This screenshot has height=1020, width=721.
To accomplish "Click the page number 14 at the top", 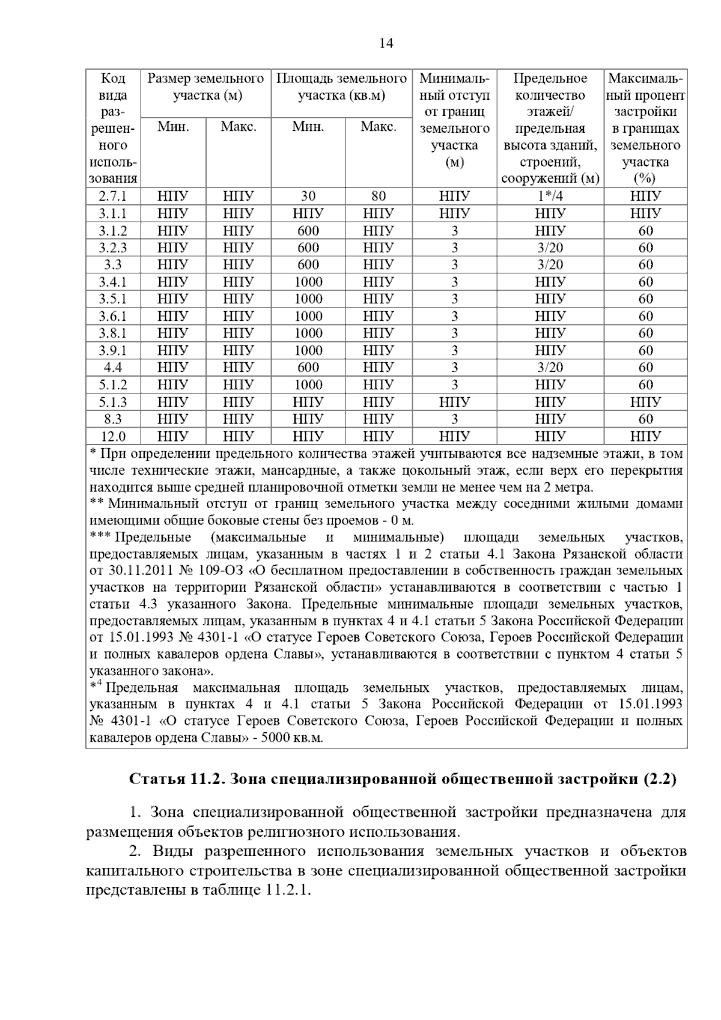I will [x=386, y=43].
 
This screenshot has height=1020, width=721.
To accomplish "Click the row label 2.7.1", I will [x=113, y=196].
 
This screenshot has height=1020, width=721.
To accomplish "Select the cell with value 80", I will [x=378, y=196].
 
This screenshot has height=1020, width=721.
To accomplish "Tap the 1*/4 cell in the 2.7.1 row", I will [x=550, y=196].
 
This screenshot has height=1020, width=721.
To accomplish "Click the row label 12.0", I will [x=113, y=436].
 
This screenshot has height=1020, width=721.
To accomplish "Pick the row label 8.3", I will [x=113, y=419].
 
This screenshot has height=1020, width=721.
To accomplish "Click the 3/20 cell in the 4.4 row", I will [x=550, y=368].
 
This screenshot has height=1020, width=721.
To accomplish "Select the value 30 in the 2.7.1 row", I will [x=308, y=196].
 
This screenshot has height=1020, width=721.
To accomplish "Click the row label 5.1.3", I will [x=113, y=402].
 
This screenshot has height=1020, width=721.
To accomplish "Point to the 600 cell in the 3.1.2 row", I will [x=308, y=231].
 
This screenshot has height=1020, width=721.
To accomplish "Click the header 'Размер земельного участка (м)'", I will [x=205, y=87].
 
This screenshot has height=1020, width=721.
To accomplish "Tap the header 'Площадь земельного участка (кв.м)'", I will [x=341, y=87].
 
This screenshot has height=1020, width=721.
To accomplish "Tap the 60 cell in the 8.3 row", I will [x=645, y=419].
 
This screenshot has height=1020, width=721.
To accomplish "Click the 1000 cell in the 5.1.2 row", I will [x=308, y=385].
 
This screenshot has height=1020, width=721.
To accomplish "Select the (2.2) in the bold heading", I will [x=660, y=779].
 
